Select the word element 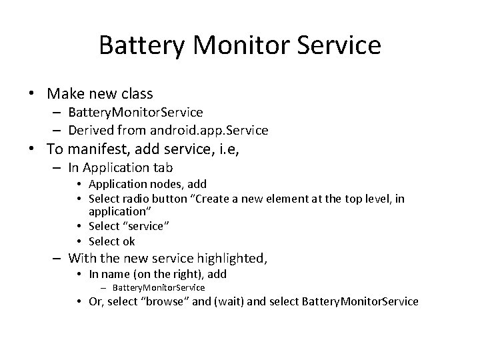(x=292, y=199)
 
